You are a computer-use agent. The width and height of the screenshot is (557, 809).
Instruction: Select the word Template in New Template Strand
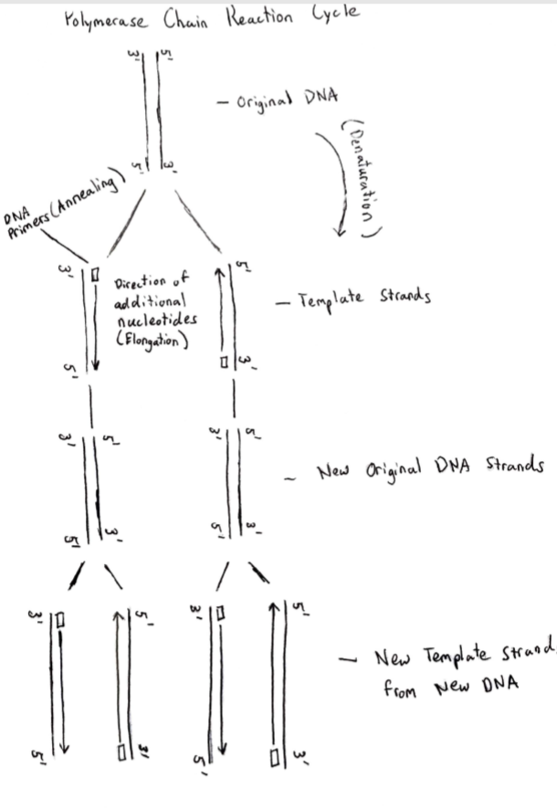tap(460, 659)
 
